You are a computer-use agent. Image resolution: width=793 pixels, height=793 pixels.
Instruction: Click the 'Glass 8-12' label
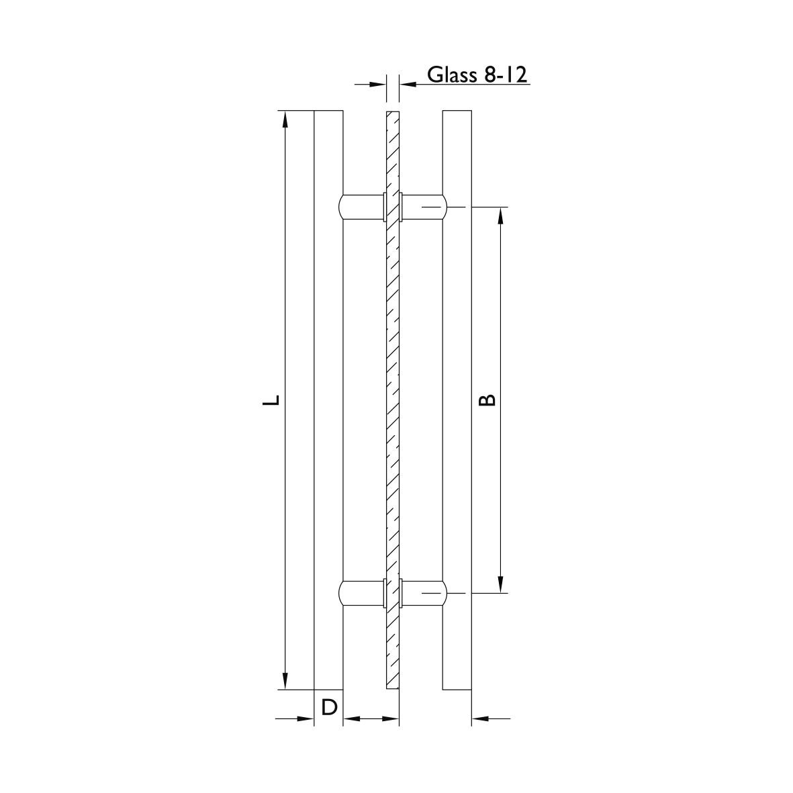pos(477,75)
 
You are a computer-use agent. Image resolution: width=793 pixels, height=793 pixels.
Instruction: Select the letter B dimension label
pos(487,400)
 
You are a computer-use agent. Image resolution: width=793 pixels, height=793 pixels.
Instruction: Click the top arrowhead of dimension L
pos(285,120)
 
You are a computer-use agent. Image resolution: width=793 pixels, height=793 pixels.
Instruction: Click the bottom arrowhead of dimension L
pos(285,680)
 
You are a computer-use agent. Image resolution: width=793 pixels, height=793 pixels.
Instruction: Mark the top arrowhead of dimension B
pos(501,216)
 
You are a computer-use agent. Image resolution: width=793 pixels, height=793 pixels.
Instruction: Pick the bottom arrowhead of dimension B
pos(501,583)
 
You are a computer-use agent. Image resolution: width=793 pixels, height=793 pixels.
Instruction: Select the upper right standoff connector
pos(423,207)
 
